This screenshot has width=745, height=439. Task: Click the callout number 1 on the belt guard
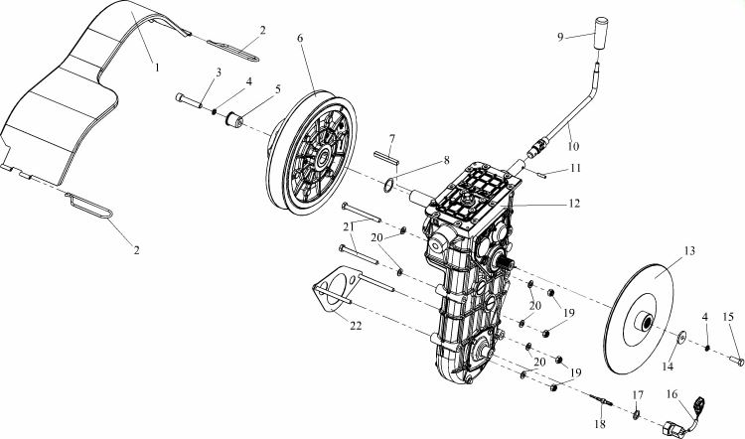click(157, 68)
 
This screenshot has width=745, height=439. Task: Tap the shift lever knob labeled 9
click(602, 33)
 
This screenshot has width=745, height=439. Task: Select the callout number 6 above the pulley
click(300, 38)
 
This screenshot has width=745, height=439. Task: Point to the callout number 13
click(689, 251)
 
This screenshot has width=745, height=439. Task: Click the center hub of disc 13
click(646, 324)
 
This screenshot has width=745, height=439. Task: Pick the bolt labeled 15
click(736, 361)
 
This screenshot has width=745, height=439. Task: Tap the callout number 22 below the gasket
click(356, 326)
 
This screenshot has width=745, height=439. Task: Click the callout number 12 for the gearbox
click(574, 204)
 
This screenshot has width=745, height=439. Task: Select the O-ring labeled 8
click(388, 185)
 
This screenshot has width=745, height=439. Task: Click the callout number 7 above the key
click(392, 139)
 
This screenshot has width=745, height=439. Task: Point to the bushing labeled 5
click(233, 119)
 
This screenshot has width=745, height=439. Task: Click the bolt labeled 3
click(189, 99)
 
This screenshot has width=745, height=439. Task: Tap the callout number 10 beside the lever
click(573, 146)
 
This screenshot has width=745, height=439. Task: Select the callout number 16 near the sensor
click(671, 394)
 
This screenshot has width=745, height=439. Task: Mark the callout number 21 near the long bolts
click(349, 227)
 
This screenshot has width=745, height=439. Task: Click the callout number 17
click(638, 395)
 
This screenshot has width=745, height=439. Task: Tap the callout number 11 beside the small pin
click(576, 168)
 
